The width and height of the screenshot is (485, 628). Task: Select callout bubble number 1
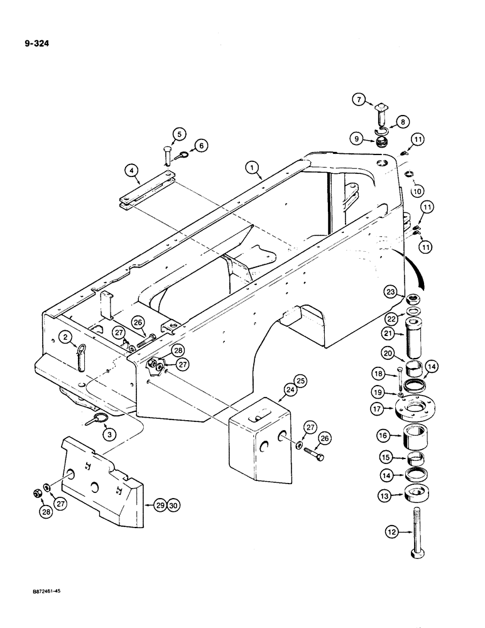tap(252, 167)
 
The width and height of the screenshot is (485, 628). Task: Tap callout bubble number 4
tap(131, 169)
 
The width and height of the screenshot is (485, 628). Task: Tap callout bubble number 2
tap(66, 337)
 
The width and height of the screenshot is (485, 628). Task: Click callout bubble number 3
tap(108, 433)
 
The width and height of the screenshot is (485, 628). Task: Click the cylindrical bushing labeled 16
tap(418, 434)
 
